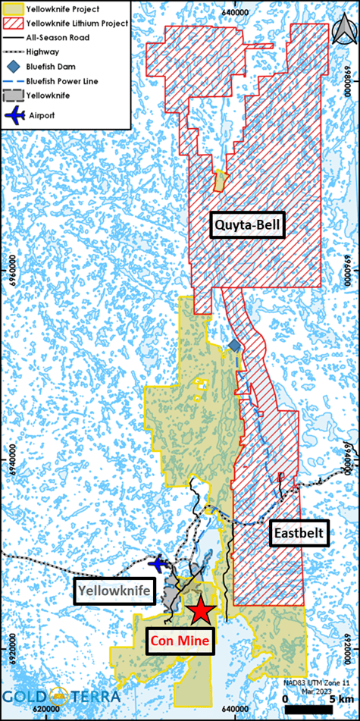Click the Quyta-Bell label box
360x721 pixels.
click(247, 225)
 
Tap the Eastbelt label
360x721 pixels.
click(300, 534)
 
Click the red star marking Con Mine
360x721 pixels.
click(201, 610)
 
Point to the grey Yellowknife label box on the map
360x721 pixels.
click(114, 590)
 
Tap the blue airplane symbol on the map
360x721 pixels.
click(158, 564)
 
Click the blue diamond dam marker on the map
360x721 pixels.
click(235, 346)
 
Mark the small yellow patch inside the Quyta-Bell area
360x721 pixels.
click(220, 180)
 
